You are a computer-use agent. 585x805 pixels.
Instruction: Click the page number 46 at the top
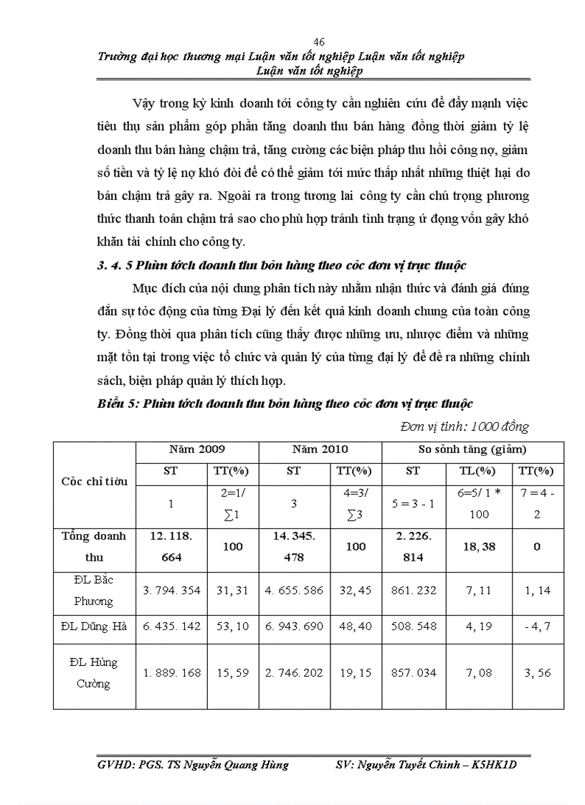319,42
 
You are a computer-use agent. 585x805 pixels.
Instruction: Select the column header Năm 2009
196,449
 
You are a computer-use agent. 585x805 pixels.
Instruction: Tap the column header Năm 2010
320,449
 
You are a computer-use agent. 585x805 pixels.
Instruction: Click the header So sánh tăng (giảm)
472,449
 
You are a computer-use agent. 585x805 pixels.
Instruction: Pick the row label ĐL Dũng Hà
94,626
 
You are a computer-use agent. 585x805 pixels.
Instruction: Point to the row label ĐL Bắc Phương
94,590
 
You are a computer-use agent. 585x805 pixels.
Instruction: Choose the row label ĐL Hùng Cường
94,673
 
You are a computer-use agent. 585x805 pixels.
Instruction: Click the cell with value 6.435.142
172,626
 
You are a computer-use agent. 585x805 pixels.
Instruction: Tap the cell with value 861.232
413,591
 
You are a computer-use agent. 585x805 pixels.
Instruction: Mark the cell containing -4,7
537,626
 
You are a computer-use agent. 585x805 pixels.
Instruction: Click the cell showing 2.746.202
294,673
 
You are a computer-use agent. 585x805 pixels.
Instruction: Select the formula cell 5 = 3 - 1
413,503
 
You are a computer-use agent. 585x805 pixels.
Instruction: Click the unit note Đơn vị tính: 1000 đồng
464,427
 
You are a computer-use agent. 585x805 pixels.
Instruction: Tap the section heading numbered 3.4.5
282,265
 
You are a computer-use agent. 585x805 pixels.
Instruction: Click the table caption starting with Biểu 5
285,404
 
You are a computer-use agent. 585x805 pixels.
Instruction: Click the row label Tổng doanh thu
94,546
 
